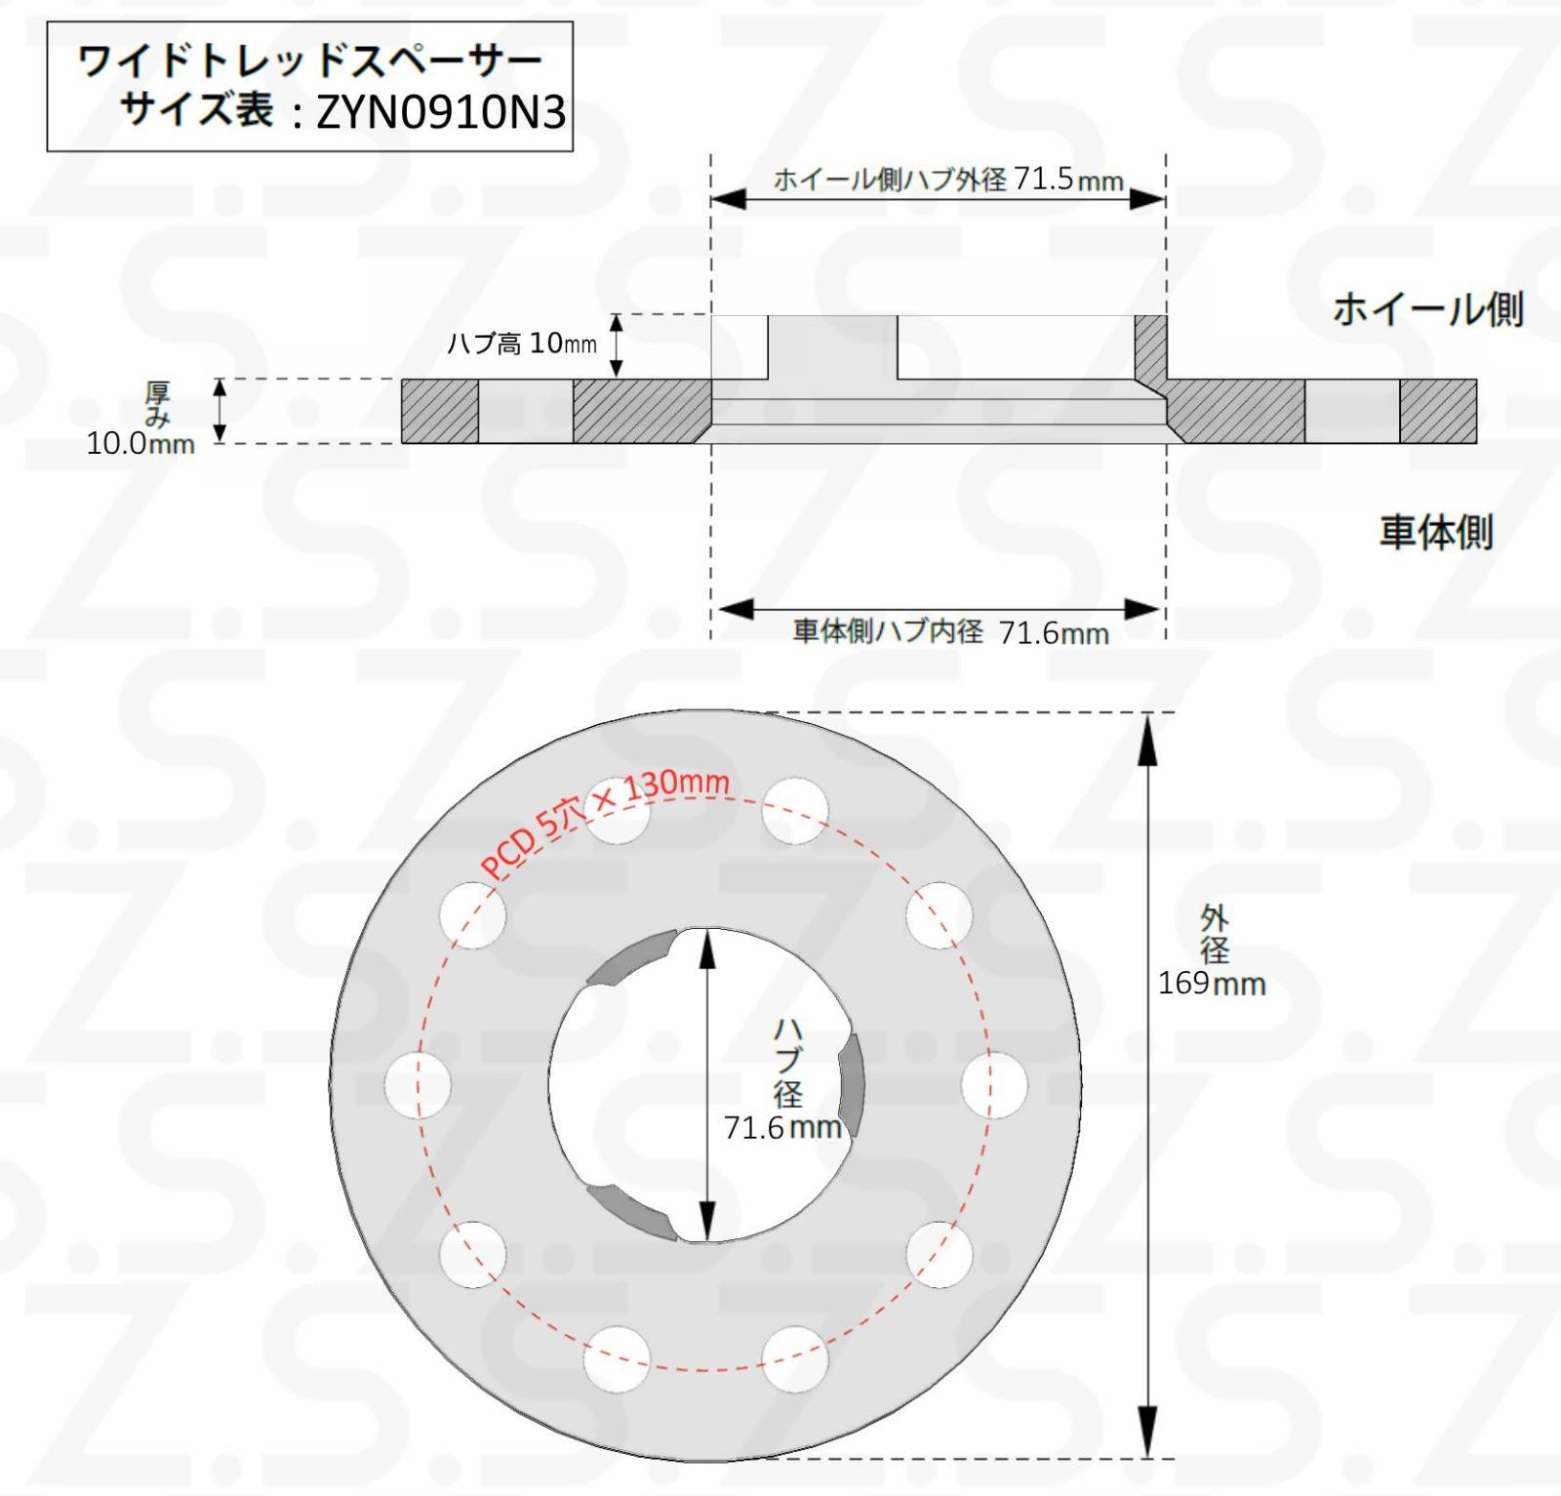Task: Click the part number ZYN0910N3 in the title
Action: pos(441,113)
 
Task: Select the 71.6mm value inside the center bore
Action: pos(782,1127)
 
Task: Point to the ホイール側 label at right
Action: pos(1427,309)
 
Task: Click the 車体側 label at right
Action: pos(1435,533)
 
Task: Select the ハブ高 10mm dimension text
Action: pos(521,344)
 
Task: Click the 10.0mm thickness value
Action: pos(140,444)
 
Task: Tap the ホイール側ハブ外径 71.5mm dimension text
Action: pos(947,180)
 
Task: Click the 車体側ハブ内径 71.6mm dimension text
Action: pos(950,631)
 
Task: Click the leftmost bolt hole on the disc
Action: pos(418,1085)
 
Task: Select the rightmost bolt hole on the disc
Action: pos(993,1085)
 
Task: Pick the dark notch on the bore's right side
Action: pos(852,1083)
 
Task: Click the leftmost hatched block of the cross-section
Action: pos(440,412)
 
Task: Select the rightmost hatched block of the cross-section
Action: pos(1438,412)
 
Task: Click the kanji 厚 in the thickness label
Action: pos(158,393)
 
